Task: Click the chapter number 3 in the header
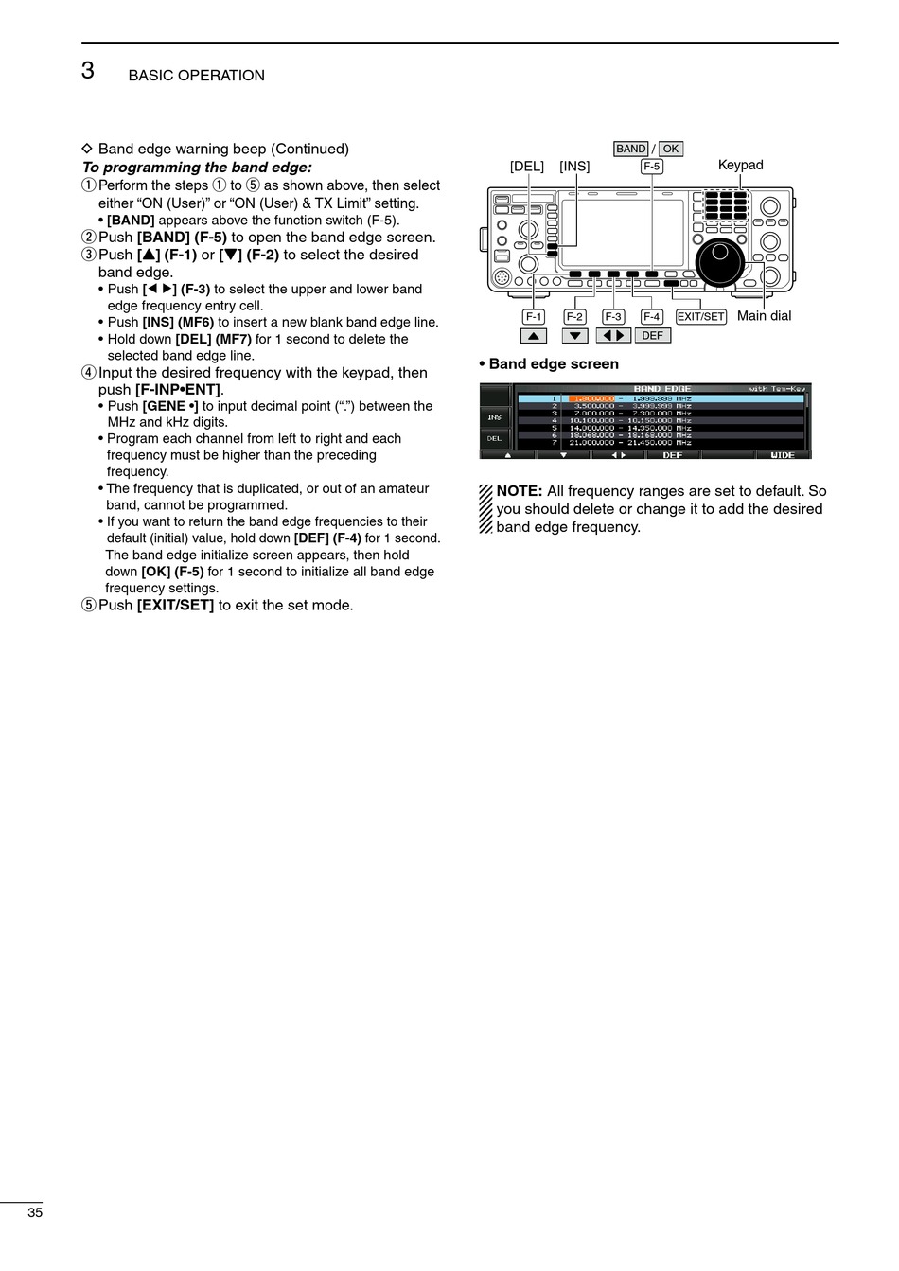pos(88,70)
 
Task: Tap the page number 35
pos(35,1213)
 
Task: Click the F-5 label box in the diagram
pos(651,167)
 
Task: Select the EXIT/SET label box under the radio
pos(700,317)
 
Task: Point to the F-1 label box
pos(534,317)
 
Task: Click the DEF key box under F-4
pos(652,336)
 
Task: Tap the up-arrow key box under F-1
pos(534,336)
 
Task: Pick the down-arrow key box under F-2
pos(574,336)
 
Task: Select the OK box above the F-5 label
pos(670,149)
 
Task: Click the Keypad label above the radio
pos(740,165)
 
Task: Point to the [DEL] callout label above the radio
pos(527,167)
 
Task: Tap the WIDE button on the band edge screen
pos(783,455)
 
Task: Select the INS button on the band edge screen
pos(494,416)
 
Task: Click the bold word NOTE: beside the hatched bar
pos(519,491)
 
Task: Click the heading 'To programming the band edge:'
pos(197,167)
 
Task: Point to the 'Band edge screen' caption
pos(554,364)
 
